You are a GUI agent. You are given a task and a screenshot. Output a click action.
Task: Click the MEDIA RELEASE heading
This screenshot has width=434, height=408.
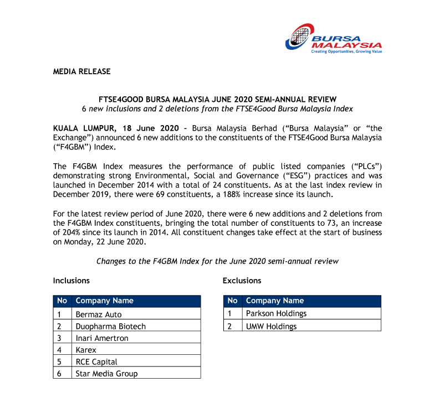[81, 71]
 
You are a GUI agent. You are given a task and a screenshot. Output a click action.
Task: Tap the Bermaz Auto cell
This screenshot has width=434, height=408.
[98, 314]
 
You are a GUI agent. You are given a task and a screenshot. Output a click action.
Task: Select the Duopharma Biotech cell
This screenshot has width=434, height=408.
[110, 326]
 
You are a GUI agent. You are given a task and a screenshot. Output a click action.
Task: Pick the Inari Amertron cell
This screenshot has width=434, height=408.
[101, 338]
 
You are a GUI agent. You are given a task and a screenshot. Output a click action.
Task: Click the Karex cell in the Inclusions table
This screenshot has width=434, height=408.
[86, 350]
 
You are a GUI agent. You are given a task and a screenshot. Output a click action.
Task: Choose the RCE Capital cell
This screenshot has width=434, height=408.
[96, 361]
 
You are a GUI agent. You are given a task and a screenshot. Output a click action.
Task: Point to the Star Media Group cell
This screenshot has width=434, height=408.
[106, 374]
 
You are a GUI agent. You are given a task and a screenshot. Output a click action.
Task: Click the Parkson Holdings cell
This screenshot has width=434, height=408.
[276, 313]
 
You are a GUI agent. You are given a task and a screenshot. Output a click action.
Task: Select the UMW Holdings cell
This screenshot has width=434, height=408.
[271, 326]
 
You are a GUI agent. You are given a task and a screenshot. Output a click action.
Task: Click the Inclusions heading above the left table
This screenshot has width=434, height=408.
[71, 281]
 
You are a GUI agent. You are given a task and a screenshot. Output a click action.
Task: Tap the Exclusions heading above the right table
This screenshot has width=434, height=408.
[242, 281]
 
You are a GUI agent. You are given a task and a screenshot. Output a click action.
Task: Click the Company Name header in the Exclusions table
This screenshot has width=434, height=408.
[275, 301]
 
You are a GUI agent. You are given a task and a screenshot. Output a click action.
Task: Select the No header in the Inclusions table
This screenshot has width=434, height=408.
[62, 301]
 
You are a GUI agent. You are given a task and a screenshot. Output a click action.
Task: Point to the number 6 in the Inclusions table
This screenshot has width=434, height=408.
[59, 374]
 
